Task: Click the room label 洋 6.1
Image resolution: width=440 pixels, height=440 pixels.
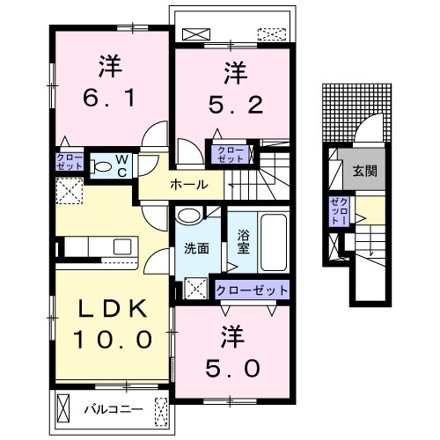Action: click(x=110, y=81)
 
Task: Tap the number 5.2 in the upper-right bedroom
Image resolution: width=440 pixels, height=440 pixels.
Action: click(x=236, y=105)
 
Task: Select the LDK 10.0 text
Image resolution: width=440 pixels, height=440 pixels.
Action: click(x=113, y=324)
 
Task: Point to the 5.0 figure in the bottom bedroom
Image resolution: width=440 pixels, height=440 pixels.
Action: click(x=232, y=368)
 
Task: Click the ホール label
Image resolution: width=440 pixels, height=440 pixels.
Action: click(x=189, y=185)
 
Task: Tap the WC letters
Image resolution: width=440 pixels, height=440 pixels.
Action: click(x=121, y=166)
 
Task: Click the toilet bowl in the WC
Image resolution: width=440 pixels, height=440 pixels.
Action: click(x=101, y=166)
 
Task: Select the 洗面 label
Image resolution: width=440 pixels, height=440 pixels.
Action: click(x=197, y=249)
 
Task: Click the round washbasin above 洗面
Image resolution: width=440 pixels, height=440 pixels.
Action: click(x=189, y=216)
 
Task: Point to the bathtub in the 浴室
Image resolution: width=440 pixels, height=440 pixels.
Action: click(x=274, y=243)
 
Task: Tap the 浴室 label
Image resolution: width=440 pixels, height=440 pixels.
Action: click(x=244, y=242)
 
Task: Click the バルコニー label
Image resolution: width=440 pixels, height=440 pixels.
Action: click(x=114, y=408)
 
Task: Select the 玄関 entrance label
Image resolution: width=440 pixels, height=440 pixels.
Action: click(x=364, y=171)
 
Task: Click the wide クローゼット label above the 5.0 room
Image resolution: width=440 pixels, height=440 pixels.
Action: click(x=252, y=290)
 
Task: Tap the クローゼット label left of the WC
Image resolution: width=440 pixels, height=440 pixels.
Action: click(x=70, y=162)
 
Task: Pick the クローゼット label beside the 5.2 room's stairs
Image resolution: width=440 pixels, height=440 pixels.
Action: click(x=231, y=155)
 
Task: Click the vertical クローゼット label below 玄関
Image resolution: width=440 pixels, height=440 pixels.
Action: click(x=339, y=211)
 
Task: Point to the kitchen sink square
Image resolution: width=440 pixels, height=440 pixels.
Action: click(x=122, y=246)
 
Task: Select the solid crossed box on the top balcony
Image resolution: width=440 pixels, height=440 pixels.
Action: click(x=196, y=34)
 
